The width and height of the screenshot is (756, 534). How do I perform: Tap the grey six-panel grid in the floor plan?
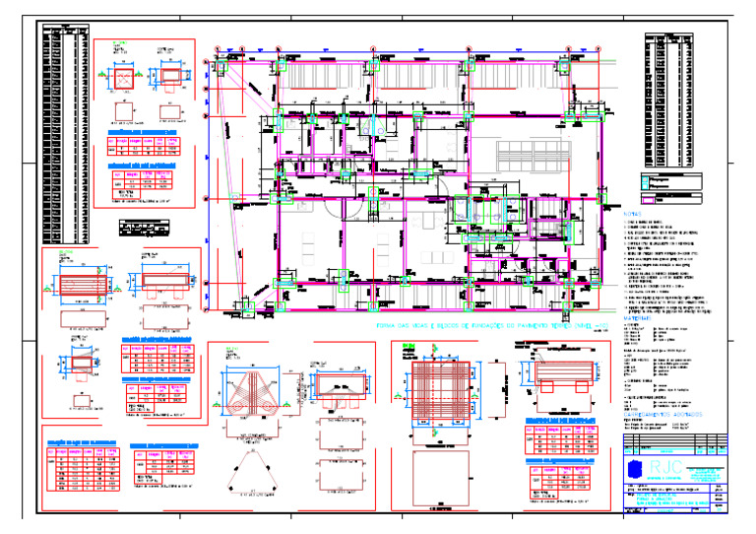[x=522, y=153]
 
